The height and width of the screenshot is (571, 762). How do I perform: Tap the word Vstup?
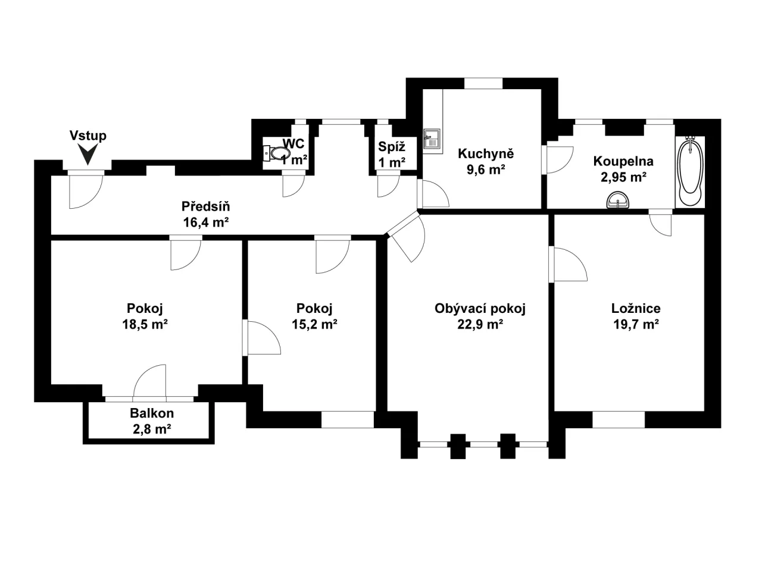click(x=88, y=136)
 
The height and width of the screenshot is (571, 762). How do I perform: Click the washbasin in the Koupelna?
click(x=619, y=201)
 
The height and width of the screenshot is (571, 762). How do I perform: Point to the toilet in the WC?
click(x=276, y=153)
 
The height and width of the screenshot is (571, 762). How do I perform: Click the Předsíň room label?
click(x=205, y=207)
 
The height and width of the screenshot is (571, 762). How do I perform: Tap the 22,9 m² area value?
click(x=480, y=325)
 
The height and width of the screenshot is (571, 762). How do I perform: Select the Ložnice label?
click(x=636, y=309)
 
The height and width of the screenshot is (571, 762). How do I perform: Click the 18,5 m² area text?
click(x=145, y=325)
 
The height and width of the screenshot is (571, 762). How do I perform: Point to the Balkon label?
click(x=152, y=413)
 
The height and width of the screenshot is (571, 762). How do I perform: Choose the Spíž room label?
click(x=392, y=146)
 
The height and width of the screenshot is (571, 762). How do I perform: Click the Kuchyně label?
click(x=485, y=153)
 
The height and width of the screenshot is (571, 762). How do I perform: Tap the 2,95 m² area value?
click(x=623, y=177)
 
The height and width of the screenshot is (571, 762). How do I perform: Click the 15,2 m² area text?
click(x=314, y=325)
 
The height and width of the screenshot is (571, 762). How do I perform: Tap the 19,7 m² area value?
click(x=636, y=325)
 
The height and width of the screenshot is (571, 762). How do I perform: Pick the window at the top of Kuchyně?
click(x=483, y=84)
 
